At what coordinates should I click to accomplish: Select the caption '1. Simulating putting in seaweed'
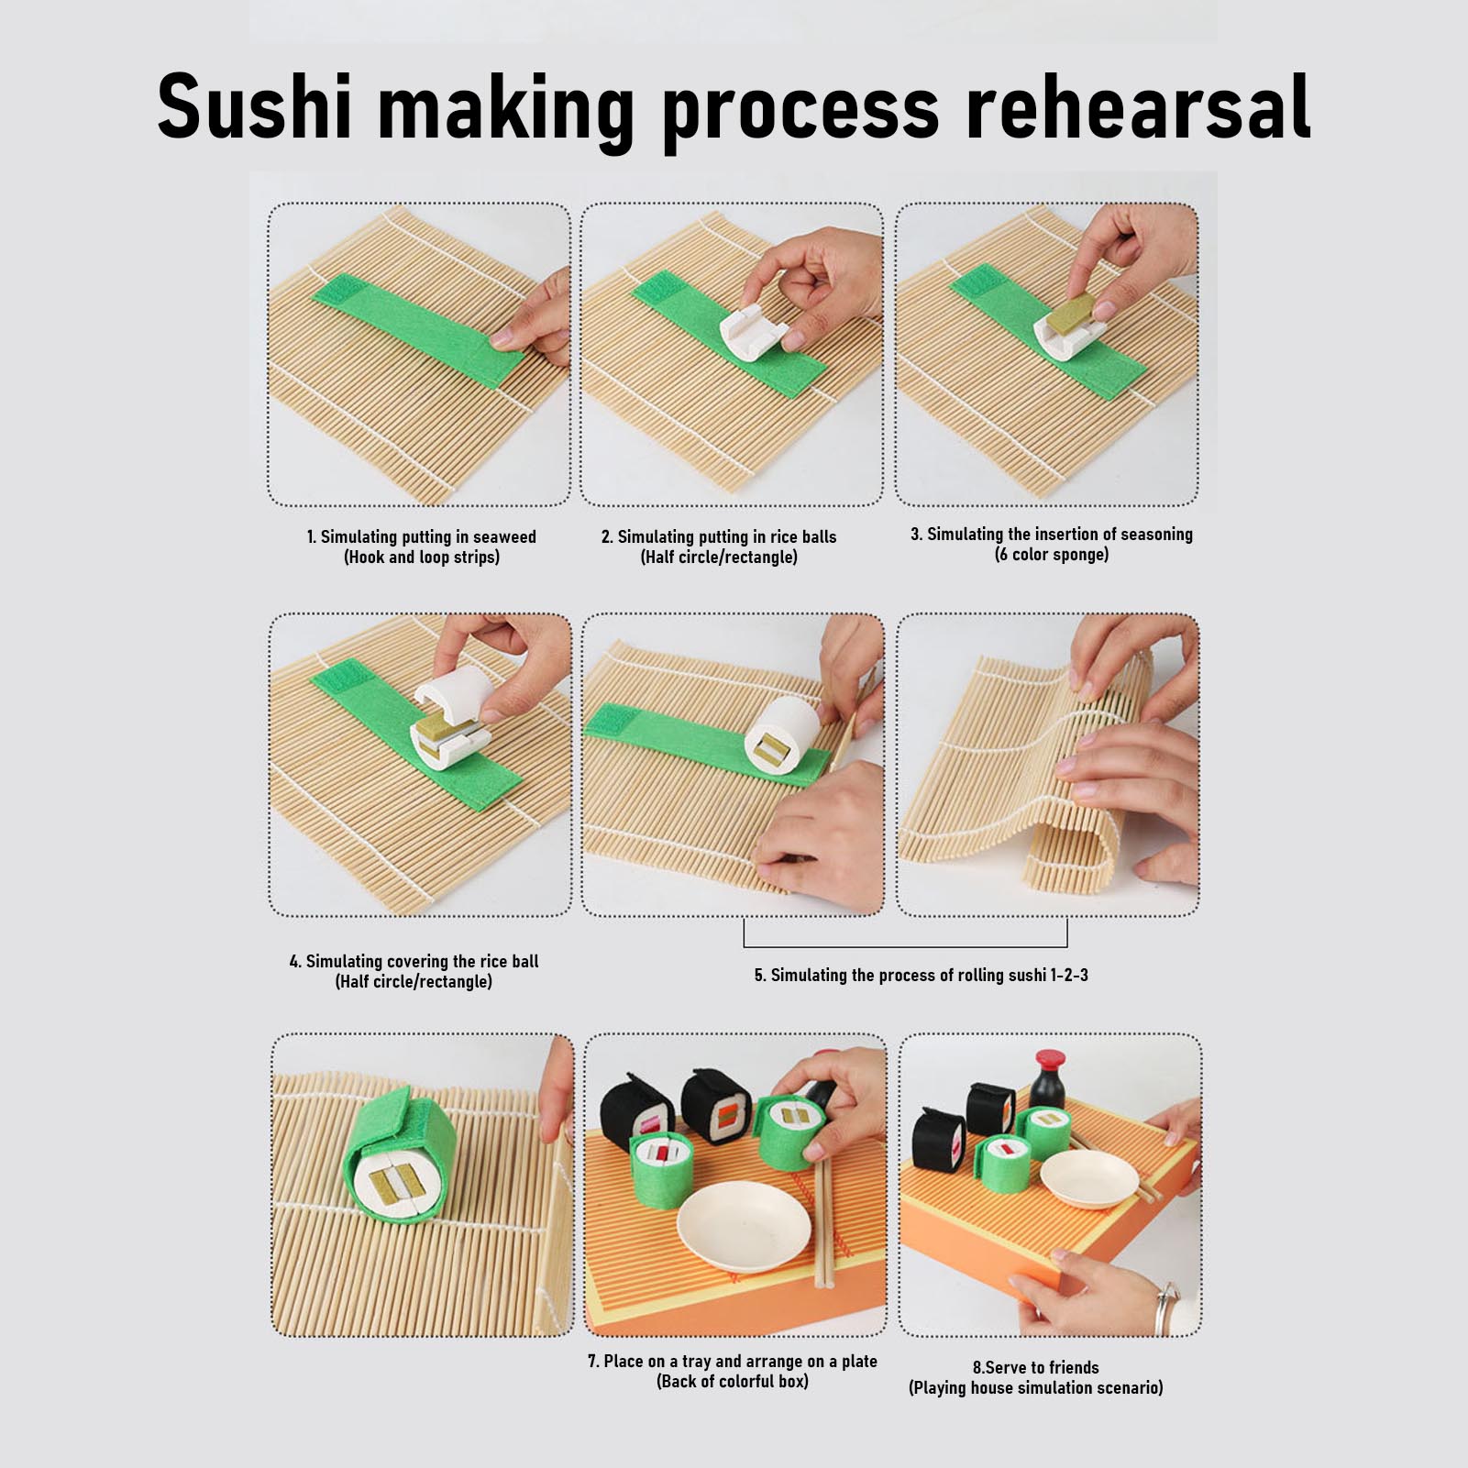point(422,536)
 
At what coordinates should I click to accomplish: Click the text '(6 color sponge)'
point(1052,555)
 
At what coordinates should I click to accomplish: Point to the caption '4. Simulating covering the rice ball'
point(414,961)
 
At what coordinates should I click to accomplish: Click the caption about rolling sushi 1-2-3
point(922,975)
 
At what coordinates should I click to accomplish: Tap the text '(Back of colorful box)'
point(733,1381)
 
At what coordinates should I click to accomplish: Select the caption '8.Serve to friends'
point(1036,1367)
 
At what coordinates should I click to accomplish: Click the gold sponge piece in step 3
point(1072,312)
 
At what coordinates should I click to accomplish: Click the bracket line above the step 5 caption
point(905,945)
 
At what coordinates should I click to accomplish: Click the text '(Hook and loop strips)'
point(422,557)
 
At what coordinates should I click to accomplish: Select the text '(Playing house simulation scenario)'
point(1036,1387)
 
